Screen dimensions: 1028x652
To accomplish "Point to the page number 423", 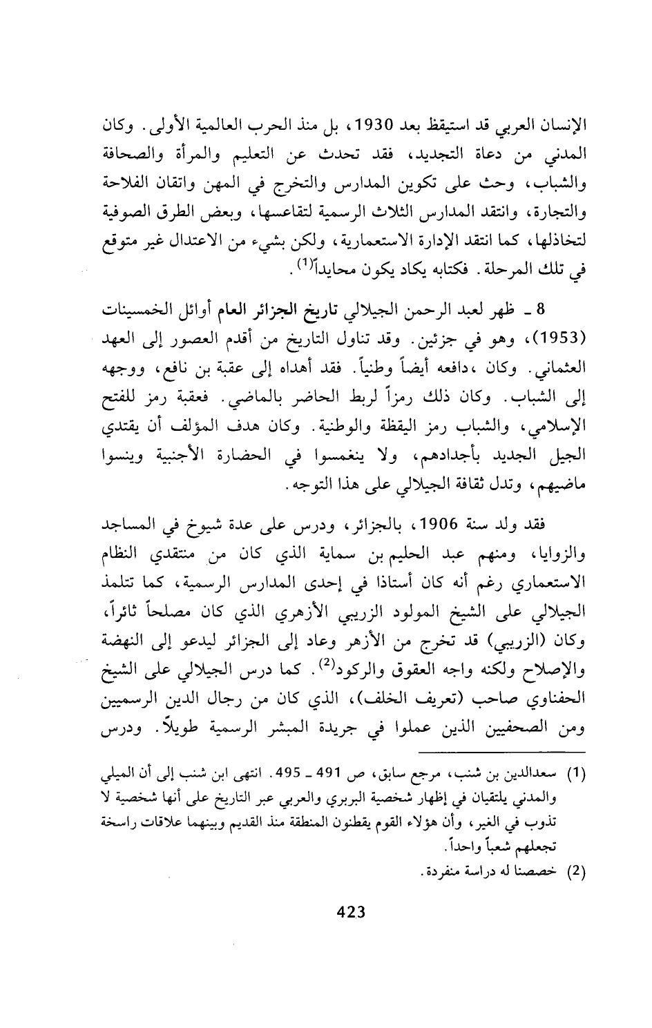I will tap(349, 912).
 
